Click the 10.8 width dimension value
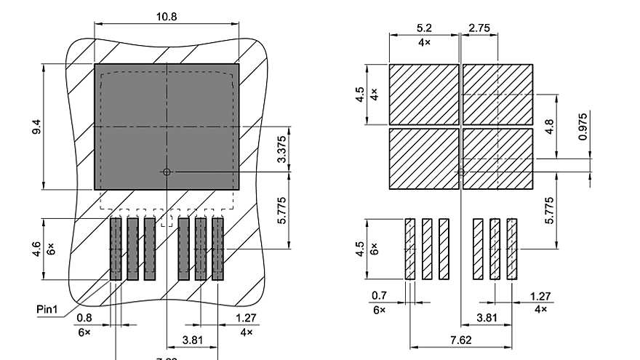pos(167,16)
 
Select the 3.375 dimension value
pos(283,150)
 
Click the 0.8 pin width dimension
pos(84,318)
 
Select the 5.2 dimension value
pos(424,28)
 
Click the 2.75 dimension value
pos(479,28)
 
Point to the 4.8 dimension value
pos(550,127)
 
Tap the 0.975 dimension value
pos(583,127)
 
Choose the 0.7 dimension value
pos(379,296)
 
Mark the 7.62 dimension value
pos(461,339)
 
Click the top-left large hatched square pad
pos(424,94)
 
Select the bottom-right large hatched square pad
pos(498,159)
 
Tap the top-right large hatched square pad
pos(498,94)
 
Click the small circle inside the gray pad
pos(167,172)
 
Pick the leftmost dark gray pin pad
pos(116,249)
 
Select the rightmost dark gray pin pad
pos(217,249)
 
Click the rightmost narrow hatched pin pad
pos(512,249)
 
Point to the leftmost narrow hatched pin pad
pos(409,249)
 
